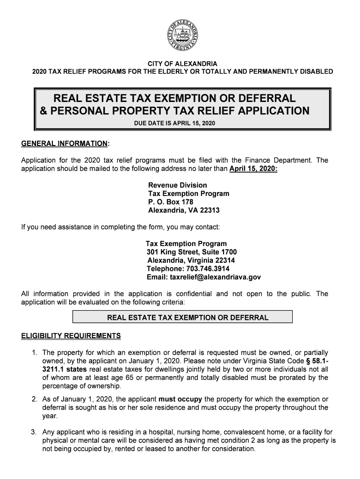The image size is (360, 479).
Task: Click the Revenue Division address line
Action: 177,185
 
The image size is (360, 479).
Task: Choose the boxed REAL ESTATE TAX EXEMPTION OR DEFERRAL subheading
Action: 182,318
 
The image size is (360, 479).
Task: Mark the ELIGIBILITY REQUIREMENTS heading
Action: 71,336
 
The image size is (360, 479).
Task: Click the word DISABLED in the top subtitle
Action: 316,72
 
